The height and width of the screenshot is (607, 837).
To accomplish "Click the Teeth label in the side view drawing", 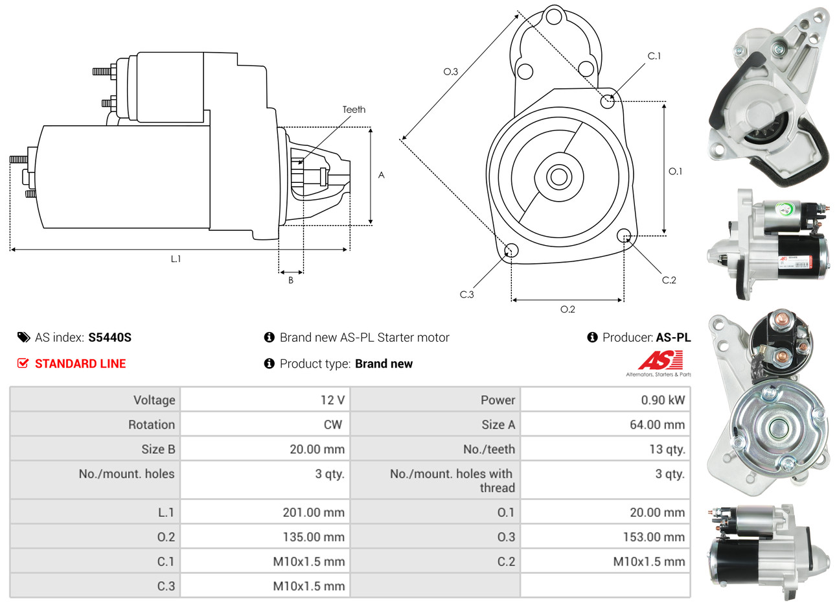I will point(354,110).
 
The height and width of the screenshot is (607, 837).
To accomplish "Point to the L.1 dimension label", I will point(176,259).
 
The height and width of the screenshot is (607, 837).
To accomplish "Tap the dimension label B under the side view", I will point(291,280).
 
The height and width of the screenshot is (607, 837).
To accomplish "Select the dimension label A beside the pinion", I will point(382,175).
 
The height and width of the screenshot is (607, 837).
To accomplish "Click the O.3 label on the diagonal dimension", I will point(451,71).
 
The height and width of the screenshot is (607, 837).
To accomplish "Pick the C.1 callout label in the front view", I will point(654,56).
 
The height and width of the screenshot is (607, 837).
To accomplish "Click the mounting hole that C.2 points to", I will point(625,235).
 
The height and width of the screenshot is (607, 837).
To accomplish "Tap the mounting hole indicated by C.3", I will point(511,251).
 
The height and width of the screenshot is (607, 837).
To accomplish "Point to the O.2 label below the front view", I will point(568,309).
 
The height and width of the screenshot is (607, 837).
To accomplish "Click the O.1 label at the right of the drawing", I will point(675,171).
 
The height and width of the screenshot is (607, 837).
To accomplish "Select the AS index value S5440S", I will point(109,337).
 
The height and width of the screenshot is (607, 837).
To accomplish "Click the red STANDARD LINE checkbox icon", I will point(23,363).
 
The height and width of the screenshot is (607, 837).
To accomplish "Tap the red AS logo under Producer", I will point(660,361).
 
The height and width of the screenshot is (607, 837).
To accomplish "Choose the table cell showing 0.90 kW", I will point(662,400).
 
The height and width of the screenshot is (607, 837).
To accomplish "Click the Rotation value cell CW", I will point(332,425).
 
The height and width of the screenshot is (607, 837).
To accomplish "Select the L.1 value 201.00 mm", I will point(314,512).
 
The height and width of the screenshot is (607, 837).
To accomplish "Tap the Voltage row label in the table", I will point(154,400).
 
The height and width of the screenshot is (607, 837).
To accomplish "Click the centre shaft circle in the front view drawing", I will point(558,176).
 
